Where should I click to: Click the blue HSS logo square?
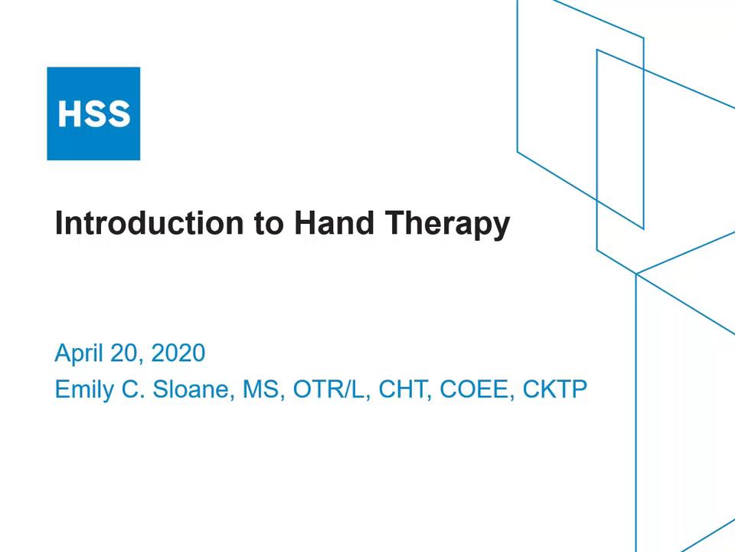pyautogui.click(x=93, y=113)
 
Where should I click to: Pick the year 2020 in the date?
pyautogui.click(x=178, y=353)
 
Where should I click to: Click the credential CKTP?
pyautogui.click(x=554, y=389)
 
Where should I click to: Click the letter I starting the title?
pyautogui.click(x=59, y=223)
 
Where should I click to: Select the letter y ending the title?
pyautogui.click(x=501, y=226)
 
